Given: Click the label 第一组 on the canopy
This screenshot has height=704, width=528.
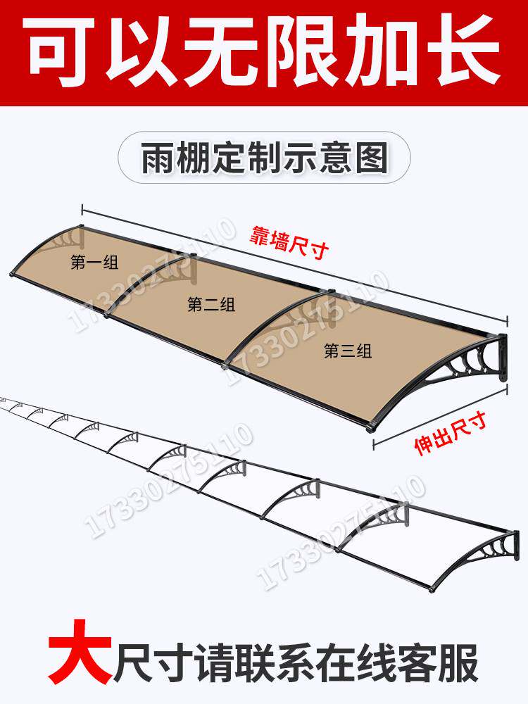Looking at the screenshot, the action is [x=94, y=262].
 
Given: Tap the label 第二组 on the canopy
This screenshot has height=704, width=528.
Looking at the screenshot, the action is [x=211, y=306].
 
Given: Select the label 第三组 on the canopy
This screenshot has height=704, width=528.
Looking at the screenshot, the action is [x=348, y=351].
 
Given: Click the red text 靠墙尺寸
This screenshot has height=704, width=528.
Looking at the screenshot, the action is [x=289, y=243].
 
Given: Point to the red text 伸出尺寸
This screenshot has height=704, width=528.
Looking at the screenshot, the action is [x=451, y=434].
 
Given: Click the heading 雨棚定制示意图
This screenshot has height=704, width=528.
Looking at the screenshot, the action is [x=265, y=158].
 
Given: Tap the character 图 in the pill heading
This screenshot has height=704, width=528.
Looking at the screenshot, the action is [x=372, y=158].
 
